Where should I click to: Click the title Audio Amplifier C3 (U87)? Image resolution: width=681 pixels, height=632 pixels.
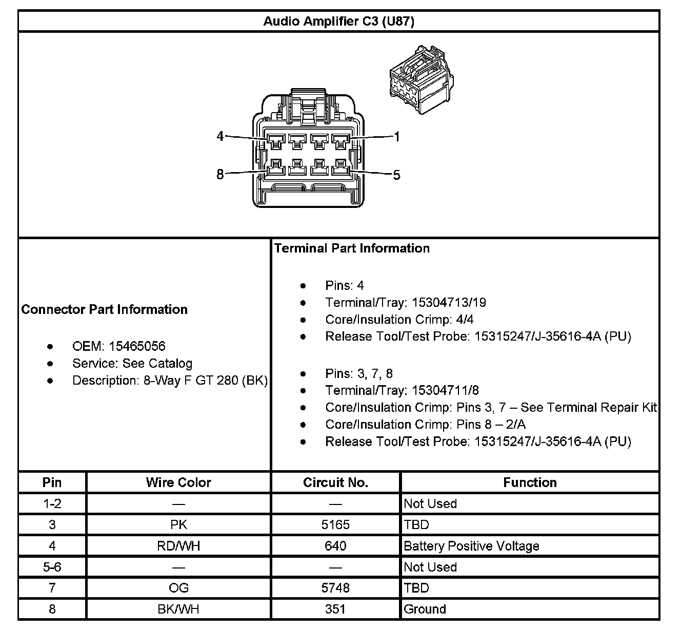click(x=338, y=22)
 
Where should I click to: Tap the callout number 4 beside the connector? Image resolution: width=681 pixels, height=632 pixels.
click(x=220, y=137)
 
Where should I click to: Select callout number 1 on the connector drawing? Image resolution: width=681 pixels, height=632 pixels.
click(x=396, y=137)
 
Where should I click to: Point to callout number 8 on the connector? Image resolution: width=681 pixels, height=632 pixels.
click(x=220, y=175)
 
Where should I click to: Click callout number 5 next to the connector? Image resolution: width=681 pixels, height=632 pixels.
click(x=396, y=175)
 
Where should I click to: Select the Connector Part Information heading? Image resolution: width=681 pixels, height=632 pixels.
click(x=105, y=309)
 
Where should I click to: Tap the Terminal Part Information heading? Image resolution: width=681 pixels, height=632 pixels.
click(x=352, y=248)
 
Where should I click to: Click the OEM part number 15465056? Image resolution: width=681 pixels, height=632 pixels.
click(x=137, y=346)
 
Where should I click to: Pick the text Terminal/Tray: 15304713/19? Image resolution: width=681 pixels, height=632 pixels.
click(x=405, y=303)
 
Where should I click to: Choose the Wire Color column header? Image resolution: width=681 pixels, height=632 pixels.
click(x=178, y=482)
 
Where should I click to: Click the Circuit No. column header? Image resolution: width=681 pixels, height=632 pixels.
click(x=335, y=482)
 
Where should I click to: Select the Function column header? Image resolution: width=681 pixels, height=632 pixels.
click(x=530, y=482)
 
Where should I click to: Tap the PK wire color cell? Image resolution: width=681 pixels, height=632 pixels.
click(x=178, y=525)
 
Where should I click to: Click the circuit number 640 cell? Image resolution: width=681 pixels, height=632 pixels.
click(x=335, y=546)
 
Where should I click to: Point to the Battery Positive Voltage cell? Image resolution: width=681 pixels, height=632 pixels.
click(x=471, y=546)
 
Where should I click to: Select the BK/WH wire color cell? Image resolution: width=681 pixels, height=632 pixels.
click(x=178, y=609)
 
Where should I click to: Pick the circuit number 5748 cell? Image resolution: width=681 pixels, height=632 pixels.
click(x=335, y=588)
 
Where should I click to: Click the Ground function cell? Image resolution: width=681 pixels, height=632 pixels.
click(x=425, y=609)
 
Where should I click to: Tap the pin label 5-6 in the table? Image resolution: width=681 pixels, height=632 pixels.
click(x=52, y=567)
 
